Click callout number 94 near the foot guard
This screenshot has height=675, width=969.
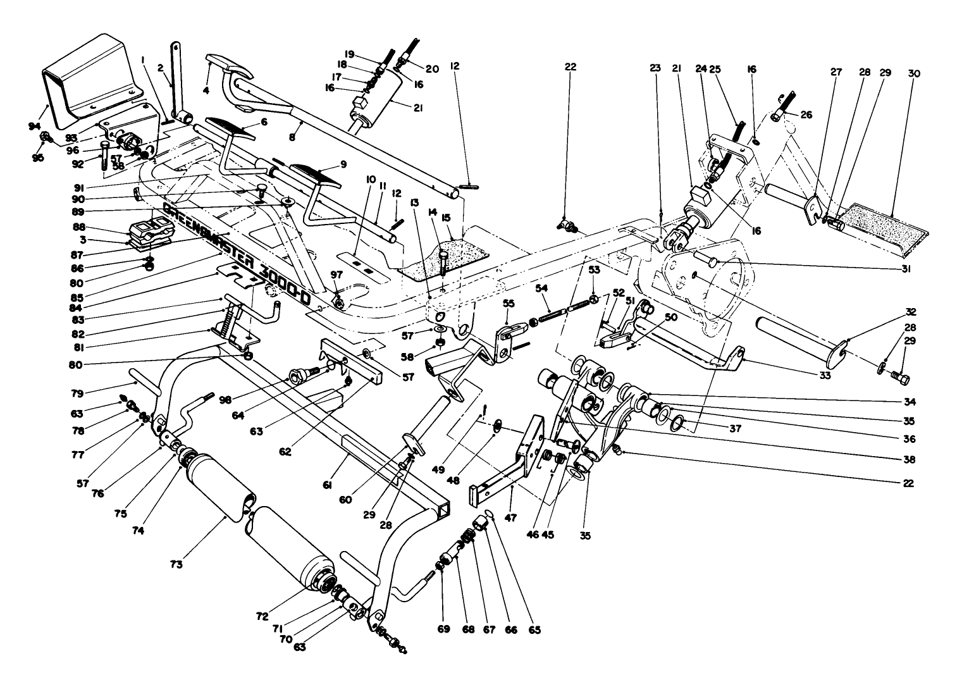(34, 127)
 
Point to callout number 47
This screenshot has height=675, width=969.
(510, 517)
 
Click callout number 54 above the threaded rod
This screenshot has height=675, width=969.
(541, 289)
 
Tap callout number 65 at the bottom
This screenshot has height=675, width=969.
(536, 630)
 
